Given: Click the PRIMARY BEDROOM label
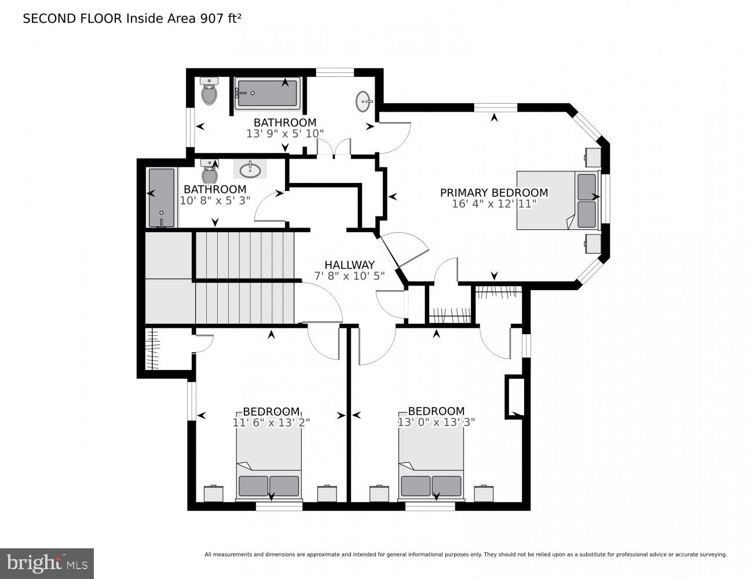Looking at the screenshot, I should click(493, 193).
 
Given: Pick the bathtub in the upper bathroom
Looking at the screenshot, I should click(268, 93).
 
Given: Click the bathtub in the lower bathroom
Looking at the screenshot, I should click(161, 197).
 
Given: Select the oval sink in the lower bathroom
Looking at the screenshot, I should click(250, 170).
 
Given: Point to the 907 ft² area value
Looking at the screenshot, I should click(220, 19).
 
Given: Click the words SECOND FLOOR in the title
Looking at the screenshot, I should click(72, 19).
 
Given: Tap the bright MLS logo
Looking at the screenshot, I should click(46, 563).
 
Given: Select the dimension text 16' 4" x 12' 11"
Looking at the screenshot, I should click(494, 204).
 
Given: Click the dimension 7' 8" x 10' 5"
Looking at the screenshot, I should click(349, 276).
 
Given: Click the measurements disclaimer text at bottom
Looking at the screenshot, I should click(465, 555).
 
